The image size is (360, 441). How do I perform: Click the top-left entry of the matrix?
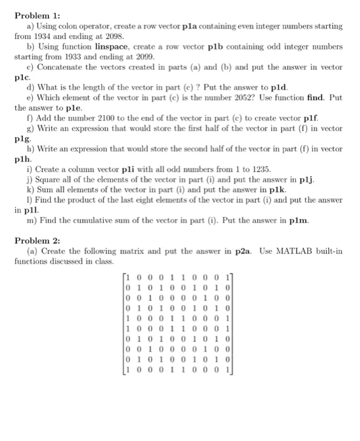128,277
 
